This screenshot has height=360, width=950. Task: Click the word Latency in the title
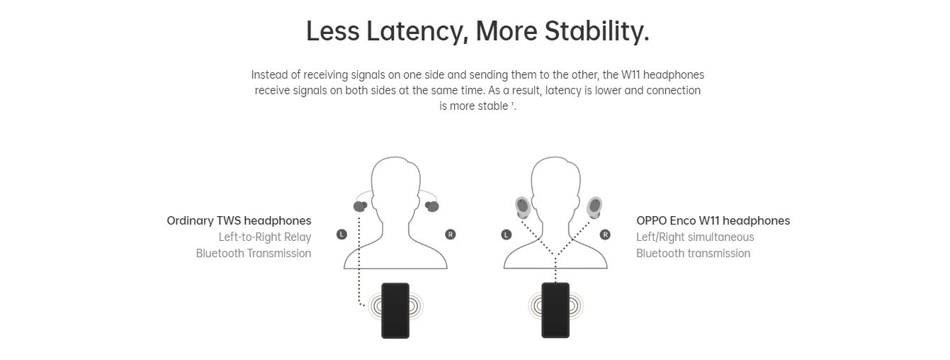click(417, 32)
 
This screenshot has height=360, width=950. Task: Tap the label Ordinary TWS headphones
click(239, 221)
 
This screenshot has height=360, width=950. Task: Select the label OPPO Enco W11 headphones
click(713, 221)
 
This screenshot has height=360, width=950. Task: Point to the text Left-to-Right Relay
click(265, 237)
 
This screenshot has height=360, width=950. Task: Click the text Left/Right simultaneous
click(695, 237)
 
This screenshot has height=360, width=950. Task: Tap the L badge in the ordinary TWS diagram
click(341, 235)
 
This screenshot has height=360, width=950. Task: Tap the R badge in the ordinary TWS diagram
click(451, 235)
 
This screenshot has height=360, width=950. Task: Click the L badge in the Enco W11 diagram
click(506, 235)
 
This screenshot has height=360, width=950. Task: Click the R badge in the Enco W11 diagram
click(605, 235)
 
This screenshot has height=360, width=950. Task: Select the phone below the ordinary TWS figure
click(395, 310)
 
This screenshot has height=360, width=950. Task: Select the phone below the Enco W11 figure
click(555, 310)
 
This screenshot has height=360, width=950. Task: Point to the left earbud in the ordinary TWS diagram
click(360, 206)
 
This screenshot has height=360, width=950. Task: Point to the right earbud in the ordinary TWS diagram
click(431, 206)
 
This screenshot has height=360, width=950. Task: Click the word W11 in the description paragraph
click(630, 75)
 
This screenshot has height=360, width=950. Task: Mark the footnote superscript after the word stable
click(512, 103)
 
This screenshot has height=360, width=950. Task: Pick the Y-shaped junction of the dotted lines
click(555, 255)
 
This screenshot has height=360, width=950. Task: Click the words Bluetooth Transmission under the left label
click(253, 254)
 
